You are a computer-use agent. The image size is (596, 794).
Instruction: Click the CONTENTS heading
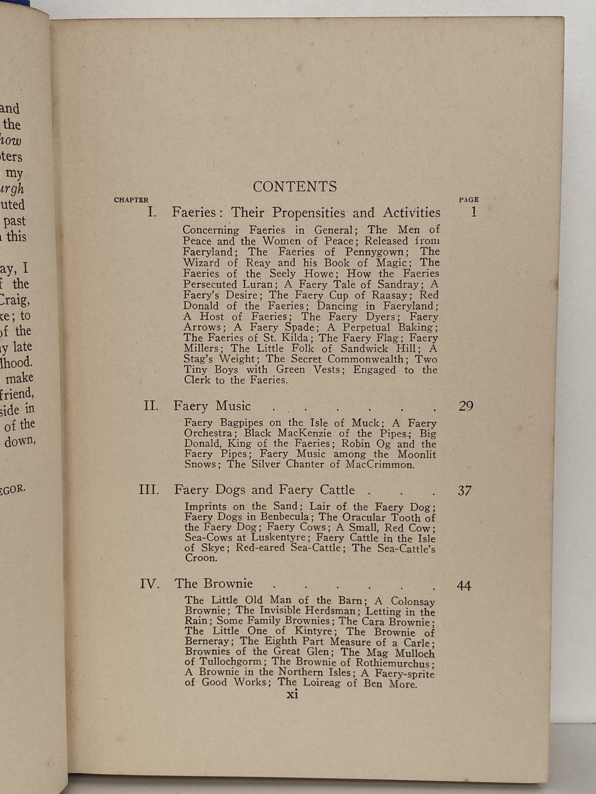pyautogui.click(x=294, y=187)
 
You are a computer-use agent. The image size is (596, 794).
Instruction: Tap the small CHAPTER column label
pyautogui.click(x=131, y=200)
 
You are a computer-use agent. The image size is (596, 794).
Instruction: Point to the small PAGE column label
pyautogui.click(x=469, y=200)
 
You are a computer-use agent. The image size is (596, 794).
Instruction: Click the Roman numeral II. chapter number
pyautogui.click(x=151, y=406)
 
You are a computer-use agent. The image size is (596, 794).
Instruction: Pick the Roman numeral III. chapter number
pyautogui.click(x=149, y=490)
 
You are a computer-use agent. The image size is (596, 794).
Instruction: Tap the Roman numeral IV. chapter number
pyautogui.click(x=150, y=584)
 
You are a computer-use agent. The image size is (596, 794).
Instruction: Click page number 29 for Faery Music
pyautogui.click(x=466, y=406)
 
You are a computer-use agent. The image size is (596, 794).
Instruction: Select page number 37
pyautogui.click(x=465, y=491)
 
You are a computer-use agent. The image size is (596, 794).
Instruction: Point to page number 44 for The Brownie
pyautogui.click(x=464, y=586)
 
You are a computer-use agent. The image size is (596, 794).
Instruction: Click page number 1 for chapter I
pyautogui.click(x=474, y=212)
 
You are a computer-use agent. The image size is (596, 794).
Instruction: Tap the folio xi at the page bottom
pyautogui.click(x=293, y=695)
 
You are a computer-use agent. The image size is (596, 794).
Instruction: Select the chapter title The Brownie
pyautogui.click(x=214, y=584)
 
